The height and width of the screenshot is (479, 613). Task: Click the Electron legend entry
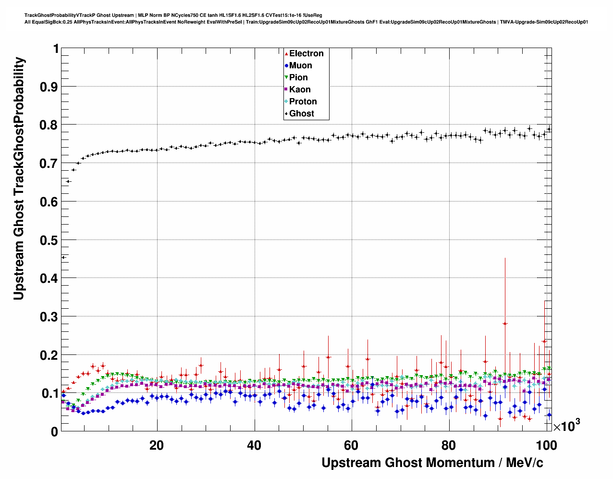tap(306, 53)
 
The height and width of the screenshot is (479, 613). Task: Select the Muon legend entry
tap(300, 65)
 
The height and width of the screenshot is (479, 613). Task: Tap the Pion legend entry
tap(298, 77)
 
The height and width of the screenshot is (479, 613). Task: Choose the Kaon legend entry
tap(300, 89)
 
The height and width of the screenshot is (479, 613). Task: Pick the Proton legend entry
tap(303, 101)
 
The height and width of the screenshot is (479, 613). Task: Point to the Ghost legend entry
tap(301, 113)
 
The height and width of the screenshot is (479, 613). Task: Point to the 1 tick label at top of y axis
tap(56, 49)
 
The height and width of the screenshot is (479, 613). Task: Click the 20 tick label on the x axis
tap(157, 445)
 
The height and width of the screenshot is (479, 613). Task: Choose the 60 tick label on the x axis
tap(351, 445)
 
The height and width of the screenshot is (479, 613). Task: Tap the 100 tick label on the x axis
tap(546, 445)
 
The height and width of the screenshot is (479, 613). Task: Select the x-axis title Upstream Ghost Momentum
tap(432, 463)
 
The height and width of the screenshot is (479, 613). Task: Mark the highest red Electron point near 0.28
tap(505, 323)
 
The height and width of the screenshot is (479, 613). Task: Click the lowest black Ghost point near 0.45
tap(63, 257)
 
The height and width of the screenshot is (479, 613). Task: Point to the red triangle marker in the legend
tap(287, 54)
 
